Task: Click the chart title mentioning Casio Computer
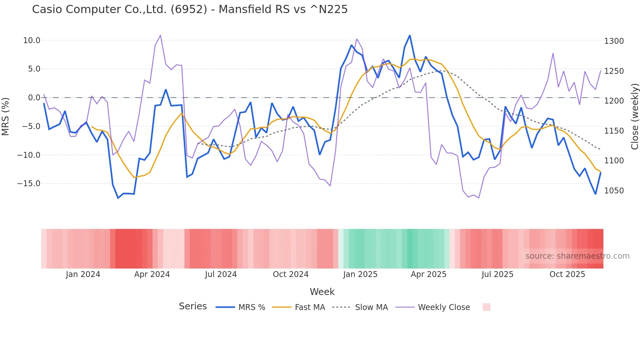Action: point(190,9)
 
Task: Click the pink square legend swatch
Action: point(486,307)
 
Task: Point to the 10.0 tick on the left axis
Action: point(32,41)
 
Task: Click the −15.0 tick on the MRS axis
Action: point(29,184)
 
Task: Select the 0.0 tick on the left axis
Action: point(34,98)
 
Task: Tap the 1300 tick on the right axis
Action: point(614,41)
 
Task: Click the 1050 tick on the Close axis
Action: point(614,191)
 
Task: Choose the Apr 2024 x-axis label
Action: point(152,274)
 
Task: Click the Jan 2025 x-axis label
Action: point(360,274)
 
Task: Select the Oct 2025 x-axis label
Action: point(567,274)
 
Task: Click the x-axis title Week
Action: point(322,292)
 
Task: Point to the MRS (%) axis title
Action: point(6,116)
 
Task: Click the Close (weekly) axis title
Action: point(634,116)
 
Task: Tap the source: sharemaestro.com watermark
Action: point(577,256)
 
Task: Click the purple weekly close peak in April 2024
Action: point(160,36)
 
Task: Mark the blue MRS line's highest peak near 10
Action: point(410,36)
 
